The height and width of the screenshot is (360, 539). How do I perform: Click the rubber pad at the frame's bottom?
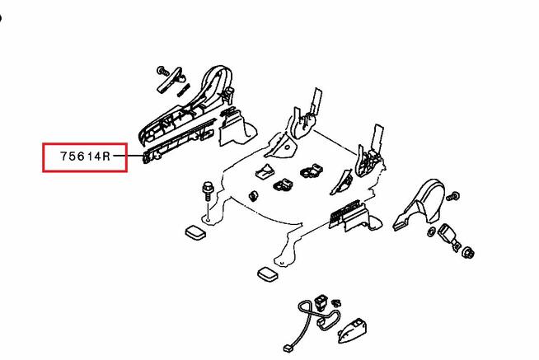(x=267, y=274)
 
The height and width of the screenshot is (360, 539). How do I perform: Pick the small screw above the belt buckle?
(x=453, y=195)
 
